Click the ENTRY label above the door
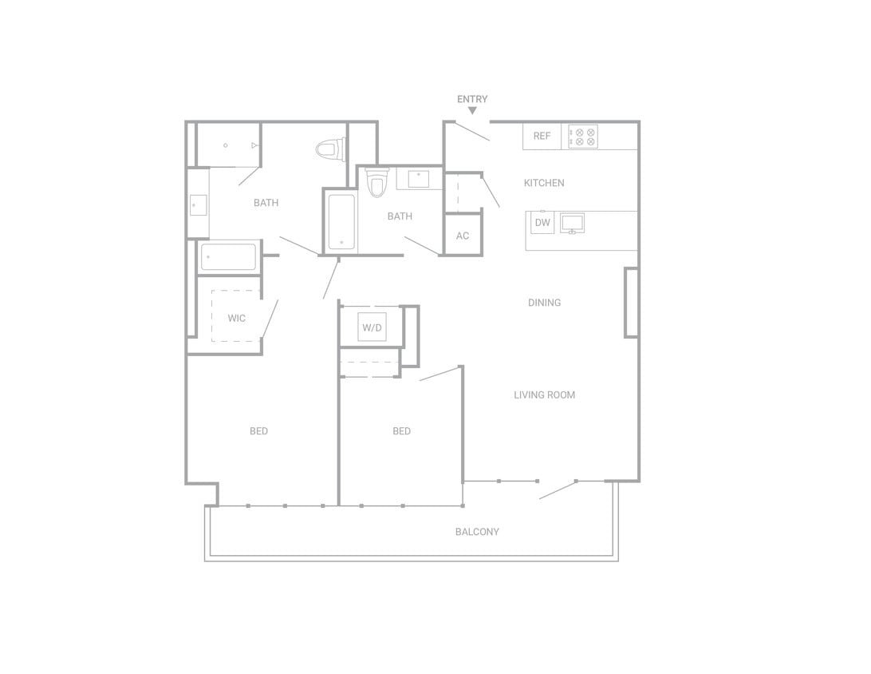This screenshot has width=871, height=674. click(x=472, y=99)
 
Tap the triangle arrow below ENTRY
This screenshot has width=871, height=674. click(x=472, y=110)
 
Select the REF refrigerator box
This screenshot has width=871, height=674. click(x=542, y=136)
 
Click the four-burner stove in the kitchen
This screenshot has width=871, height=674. click(x=583, y=136)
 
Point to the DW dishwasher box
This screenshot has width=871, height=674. click(x=542, y=222)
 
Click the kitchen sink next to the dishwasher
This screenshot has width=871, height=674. click(x=572, y=222)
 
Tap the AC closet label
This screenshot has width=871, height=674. click(x=463, y=236)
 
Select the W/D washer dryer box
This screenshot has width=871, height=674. click(x=372, y=327)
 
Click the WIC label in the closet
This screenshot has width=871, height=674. click(x=236, y=318)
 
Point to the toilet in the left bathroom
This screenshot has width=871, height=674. click(x=329, y=149)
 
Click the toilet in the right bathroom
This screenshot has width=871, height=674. click(x=376, y=183)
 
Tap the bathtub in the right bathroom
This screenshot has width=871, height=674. click(x=341, y=222)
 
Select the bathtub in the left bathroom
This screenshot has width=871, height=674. click(x=228, y=257)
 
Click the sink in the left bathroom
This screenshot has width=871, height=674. click(x=198, y=205)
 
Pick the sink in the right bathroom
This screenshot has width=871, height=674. click(x=419, y=177)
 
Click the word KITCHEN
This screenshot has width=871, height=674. click(x=544, y=183)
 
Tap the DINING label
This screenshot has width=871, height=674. click(x=544, y=303)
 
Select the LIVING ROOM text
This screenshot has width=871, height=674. click(x=544, y=394)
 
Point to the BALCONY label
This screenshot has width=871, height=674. click(x=477, y=531)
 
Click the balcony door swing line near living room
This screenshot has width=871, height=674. click(x=558, y=490)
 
